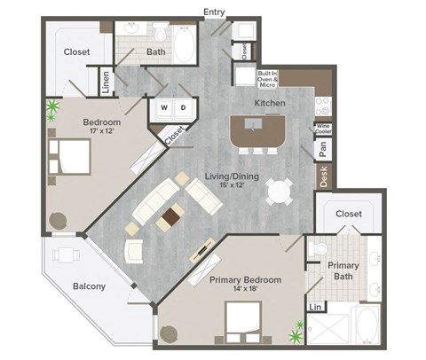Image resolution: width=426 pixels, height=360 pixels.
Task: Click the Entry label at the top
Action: coord(214,12)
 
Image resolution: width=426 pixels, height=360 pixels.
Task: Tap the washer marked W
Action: coord(165,108)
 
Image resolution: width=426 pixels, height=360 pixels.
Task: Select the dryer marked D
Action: coord(184,108)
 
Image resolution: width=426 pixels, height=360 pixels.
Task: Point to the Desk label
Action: coord(324,176)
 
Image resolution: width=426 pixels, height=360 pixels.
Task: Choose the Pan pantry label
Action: coord(324,149)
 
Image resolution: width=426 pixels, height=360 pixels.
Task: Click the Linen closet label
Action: coord(106,82)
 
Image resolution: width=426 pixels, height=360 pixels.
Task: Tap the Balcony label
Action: coord(90,286)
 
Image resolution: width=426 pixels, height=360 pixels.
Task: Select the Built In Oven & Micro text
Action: coord(268,78)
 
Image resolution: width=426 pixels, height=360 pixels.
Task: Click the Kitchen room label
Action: coord(270,104)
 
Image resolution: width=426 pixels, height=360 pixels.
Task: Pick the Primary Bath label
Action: coord(343,270)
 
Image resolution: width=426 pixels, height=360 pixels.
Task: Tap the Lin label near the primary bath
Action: coord(314,307)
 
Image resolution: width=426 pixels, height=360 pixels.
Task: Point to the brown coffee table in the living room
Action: coord(169,216)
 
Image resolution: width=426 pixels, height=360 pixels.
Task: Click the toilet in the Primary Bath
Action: coord(321,249)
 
